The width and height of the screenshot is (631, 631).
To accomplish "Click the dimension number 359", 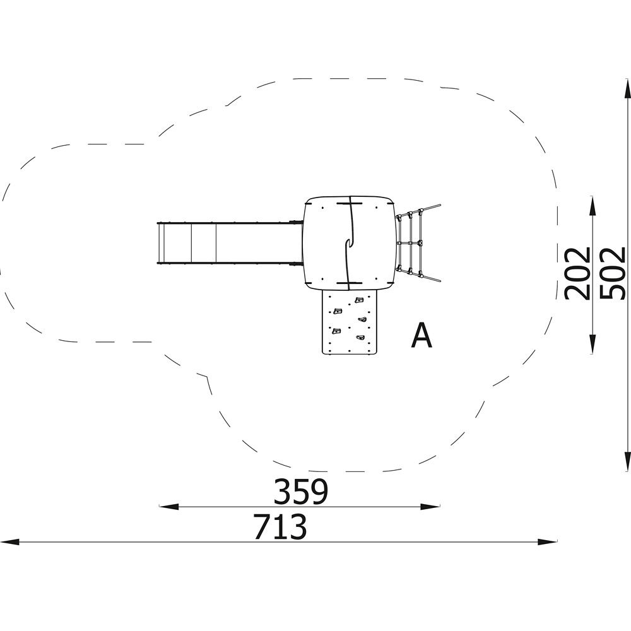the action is click(x=301, y=492).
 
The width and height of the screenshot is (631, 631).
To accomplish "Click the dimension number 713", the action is click(x=281, y=526).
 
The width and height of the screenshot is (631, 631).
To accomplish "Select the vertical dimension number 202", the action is click(x=577, y=274).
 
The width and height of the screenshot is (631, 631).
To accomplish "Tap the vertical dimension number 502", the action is click(x=613, y=273).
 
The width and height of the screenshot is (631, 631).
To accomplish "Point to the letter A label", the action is click(x=422, y=335).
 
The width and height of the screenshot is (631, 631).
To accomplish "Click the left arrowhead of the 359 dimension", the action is click(x=169, y=507).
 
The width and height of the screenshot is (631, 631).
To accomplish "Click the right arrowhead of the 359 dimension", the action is click(x=430, y=507).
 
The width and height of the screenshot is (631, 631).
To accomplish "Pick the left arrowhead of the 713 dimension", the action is click(x=9, y=541).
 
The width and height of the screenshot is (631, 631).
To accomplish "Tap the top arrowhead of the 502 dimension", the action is click(x=627, y=88).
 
